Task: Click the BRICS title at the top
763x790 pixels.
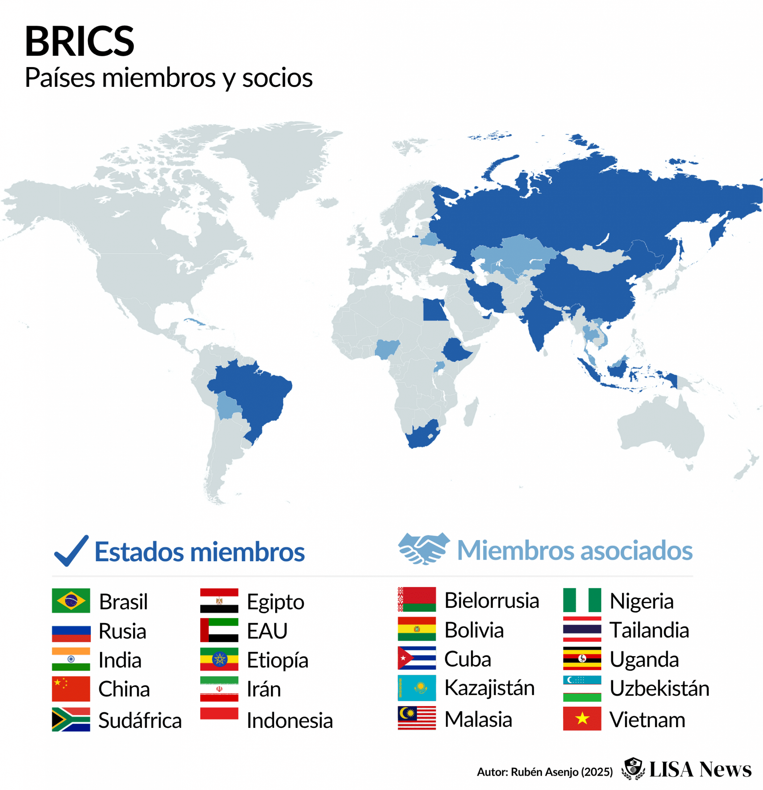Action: (80, 42)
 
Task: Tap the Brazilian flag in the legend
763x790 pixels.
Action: (71, 601)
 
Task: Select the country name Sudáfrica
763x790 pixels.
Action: (140, 720)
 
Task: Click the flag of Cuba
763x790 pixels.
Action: (416, 658)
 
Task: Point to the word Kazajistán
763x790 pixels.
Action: (489, 688)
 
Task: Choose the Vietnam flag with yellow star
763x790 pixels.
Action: (582, 718)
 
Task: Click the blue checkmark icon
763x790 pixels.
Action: (71, 550)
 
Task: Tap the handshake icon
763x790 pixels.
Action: (424, 549)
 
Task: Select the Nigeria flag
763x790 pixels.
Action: (582, 600)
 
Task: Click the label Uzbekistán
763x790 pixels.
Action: (659, 689)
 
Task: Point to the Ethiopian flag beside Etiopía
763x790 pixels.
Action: (219, 659)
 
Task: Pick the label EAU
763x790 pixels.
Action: (267, 631)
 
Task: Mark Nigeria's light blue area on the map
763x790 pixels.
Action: (386, 348)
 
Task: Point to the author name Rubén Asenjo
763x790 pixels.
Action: (545, 772)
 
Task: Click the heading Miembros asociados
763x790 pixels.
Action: (575, 550)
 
